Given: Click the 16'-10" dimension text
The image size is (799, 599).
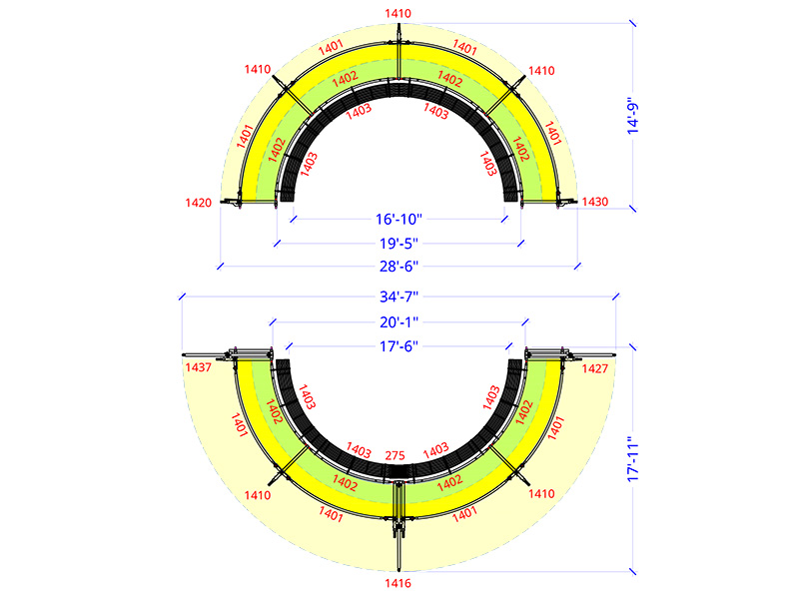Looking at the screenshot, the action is pyautogui.click(x=399, y=219).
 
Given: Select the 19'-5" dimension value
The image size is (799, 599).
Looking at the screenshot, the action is pyautogui.click(x=399, y=243).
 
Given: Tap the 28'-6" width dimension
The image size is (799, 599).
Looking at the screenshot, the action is pyautogui.click(x=399, y=266).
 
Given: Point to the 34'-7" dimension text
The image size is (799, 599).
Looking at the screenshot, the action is pyautogui.click(x=399, y=297).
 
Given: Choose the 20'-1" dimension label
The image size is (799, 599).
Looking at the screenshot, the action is pyautogui.click(x=399, y=321).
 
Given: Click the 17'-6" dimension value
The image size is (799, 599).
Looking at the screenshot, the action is pyautogui.click(x=399, y=346).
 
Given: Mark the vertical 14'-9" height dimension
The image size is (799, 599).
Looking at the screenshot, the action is pyautogui.click(x=632, y=116).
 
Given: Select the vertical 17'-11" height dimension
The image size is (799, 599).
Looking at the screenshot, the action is pyautogui.click(x=632, y=459).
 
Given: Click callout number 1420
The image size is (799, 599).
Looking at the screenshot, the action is pyautogui.click(x=198, y=203).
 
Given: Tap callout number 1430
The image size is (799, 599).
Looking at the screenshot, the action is pyautogui.click(x=595, y=202).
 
